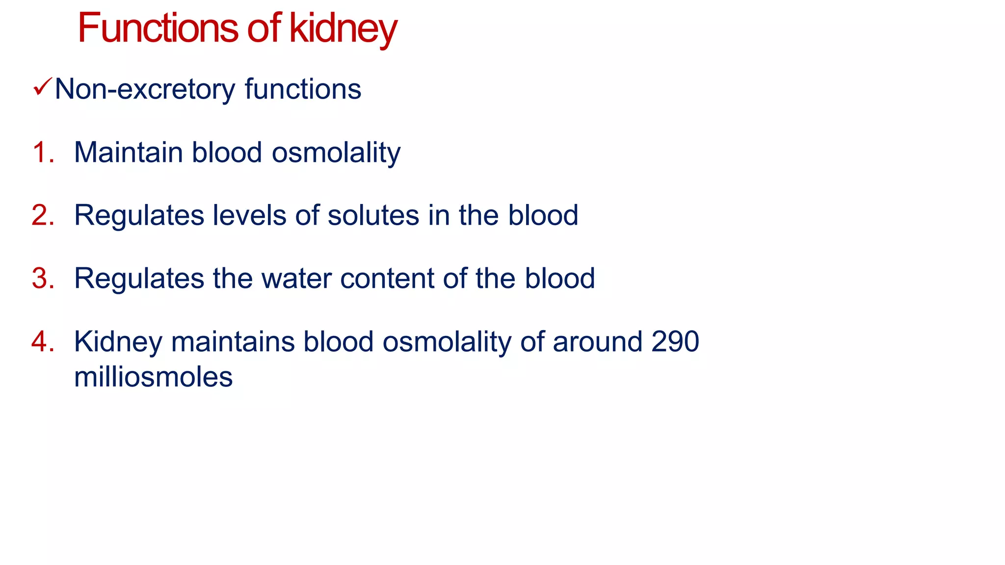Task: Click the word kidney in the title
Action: click(343, 29)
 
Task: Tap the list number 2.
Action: click(42, 215)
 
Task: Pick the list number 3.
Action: click(42, 279)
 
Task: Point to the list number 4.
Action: click(42, 341)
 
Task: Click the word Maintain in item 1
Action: click(129, 153)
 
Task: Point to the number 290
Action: click(675, 341)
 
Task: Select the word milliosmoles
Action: click(153, 377)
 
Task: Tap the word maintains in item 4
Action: click(233, 341)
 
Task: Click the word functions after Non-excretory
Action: click(303, 89)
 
